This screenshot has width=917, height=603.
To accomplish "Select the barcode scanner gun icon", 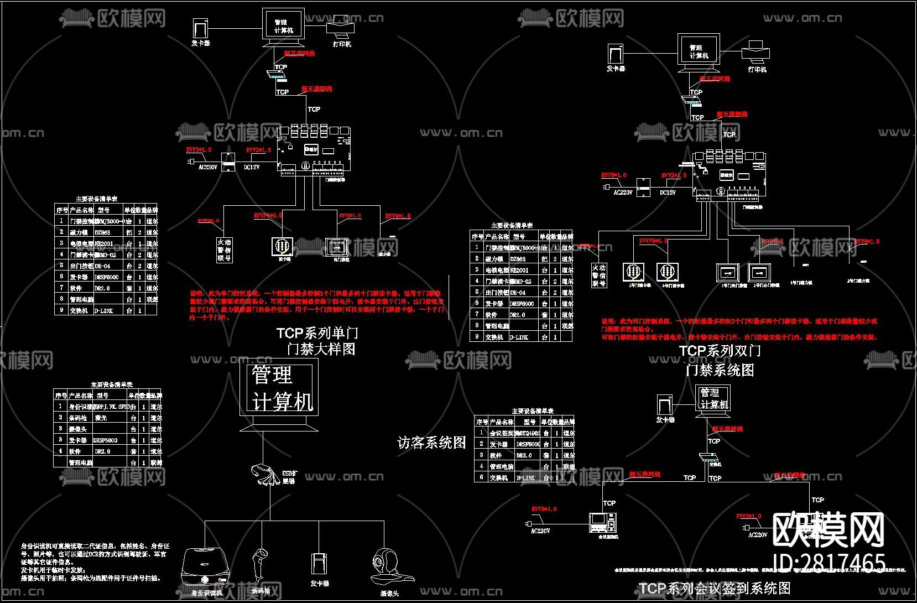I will pyautogui.click(x=260, y=564).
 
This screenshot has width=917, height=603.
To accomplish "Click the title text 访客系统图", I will pyautogui.click(x=431, y=443).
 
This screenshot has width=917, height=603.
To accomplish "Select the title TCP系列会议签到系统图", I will pyautogui.click(x=715, y=588).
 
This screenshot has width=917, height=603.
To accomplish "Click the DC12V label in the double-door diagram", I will pyautogui.click(x=668, y=193).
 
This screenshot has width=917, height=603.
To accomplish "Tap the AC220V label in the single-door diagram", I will pyautogui.click(x=208, y=167).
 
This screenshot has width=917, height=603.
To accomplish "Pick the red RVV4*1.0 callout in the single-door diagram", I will pyautogui.click(x=398, y=216).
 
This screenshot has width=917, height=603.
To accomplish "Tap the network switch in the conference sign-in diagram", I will pyautogui.click(x=708, y=458).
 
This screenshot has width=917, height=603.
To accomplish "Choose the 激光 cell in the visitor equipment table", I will pyautogui.click(x=101, y=418).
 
